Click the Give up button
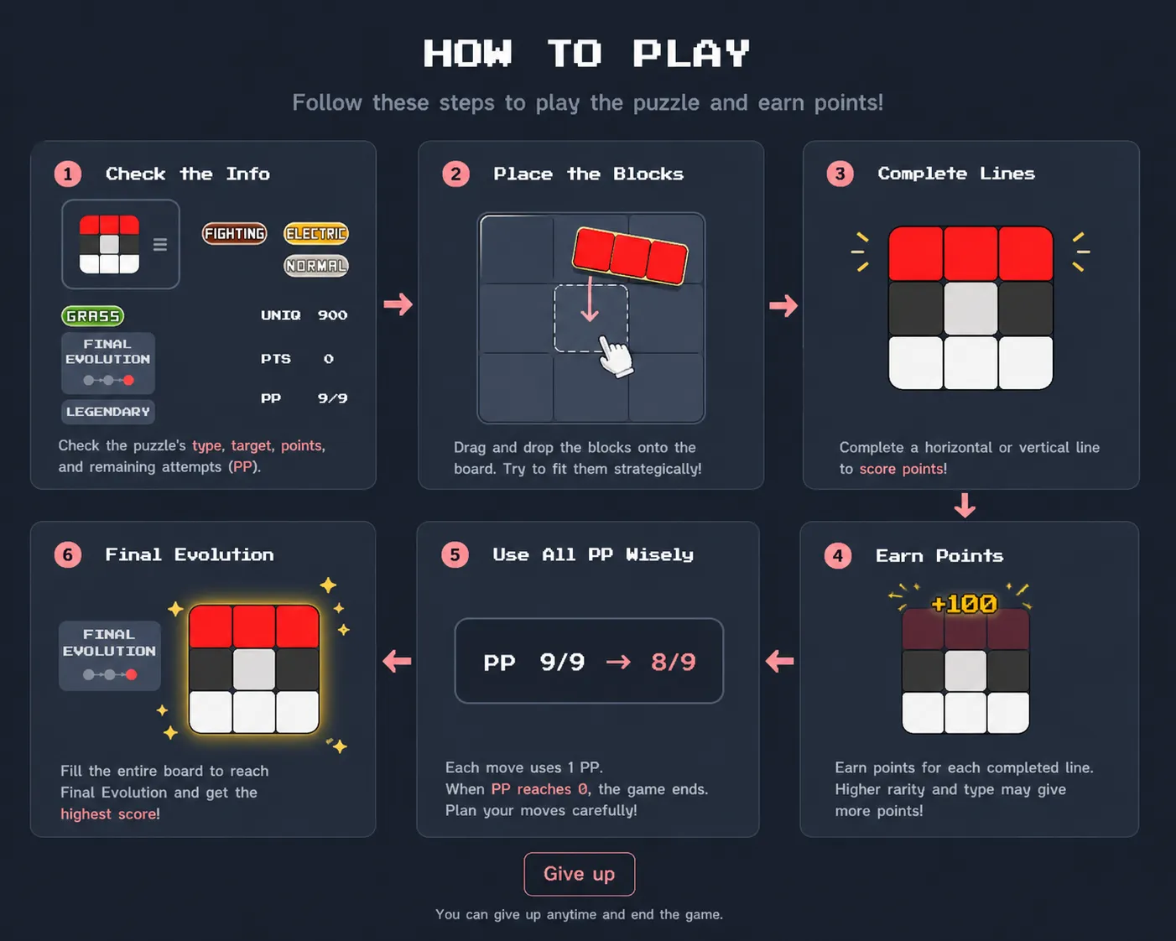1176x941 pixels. pyautogui.click(x=580, y=874)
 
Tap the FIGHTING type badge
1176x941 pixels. pyautogui.click(x=234, y=233)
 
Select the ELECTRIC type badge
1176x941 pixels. pyautogui.click(x=316, y=233)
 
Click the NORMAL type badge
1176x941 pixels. pyautogui.click(x=316, y=266)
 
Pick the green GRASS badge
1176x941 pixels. pyautogui.click(x=93, y=316)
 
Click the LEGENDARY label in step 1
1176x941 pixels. pyautogui.click(x=107, y=412)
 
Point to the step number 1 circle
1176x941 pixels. pyautogui.click(x=68, y=174)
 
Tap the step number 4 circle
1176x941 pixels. pyautogui.click(x=838, y=556)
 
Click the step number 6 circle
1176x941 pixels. pyautogui.click(x=68, y=554)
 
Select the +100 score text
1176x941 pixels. pyautogui.click(x=965, y=604)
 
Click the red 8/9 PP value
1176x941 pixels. pyautogui.click(x=674, y=662)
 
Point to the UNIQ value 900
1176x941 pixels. pyautogui.click(x=332, y=315)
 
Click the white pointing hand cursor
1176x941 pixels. pyautogui.click(x=616, y=356)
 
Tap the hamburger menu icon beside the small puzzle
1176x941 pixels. pyautogui.click(x=160, y=244)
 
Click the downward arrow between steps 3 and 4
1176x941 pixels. pyautogui.click(x=965, y=506)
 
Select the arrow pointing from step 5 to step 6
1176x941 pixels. pyautogui.click(x=398, y=661)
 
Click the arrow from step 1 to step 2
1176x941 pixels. pyautogui.click(x=398, y=304)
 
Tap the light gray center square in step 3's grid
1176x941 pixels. pyautogui.click(x=970, y=309)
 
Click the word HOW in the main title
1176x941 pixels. pyautogui.click(x=468, y=54)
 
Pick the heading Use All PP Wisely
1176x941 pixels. pyautogui.click(x=594, y=554)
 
